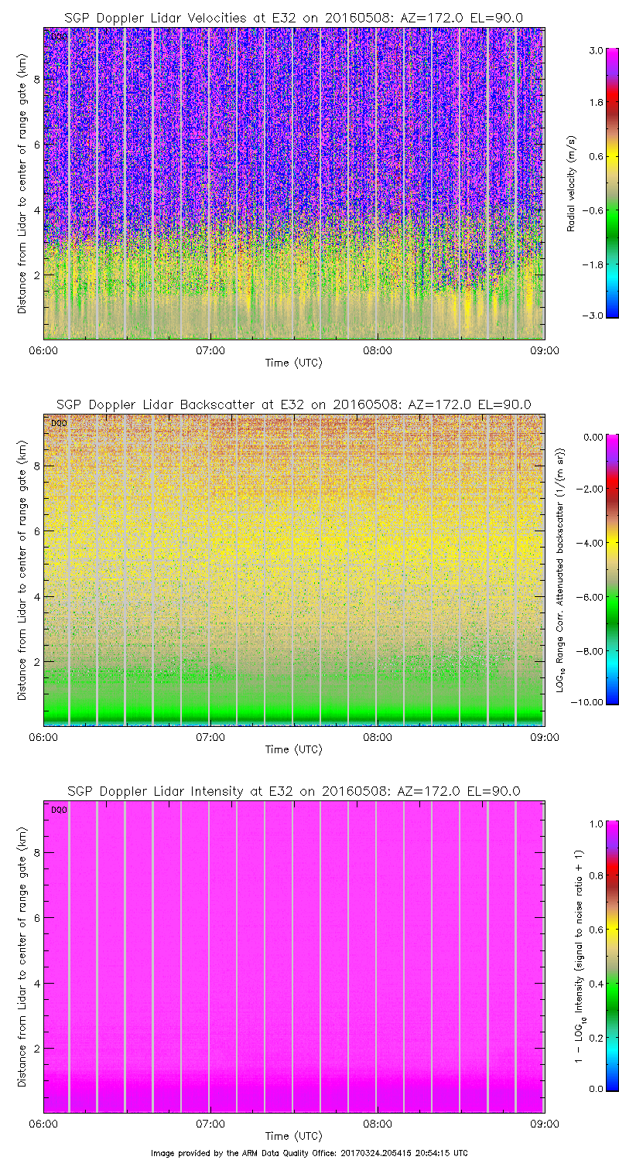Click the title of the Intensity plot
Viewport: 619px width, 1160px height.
pyautogui.click(x=293, y=791)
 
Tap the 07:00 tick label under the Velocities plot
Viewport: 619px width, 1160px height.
pyautogui.click(x=210, y=350)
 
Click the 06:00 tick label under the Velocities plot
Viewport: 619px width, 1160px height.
pyautogui.click(x=43, y=350)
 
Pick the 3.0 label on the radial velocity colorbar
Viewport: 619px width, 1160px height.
pyautogui.click(x=595, y=50)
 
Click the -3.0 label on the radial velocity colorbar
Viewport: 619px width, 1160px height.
pyautogui.click(x=593, y=316)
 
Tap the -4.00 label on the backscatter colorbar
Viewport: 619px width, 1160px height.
pyautogui.click(x=592, y=543)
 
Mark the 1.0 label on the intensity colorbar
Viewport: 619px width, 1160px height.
pyautogui.click(x=595, y=824)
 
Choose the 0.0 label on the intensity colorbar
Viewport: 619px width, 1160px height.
pyautogui.click(x=595, y=1088)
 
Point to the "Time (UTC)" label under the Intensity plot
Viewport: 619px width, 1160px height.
pyautogui.click(x=293, y=1135)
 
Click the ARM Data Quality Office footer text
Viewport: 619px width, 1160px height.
pyautogui.click(x=309, y=1152)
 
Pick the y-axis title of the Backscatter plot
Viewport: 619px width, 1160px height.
pyautogui.click(x=21, y=569)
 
